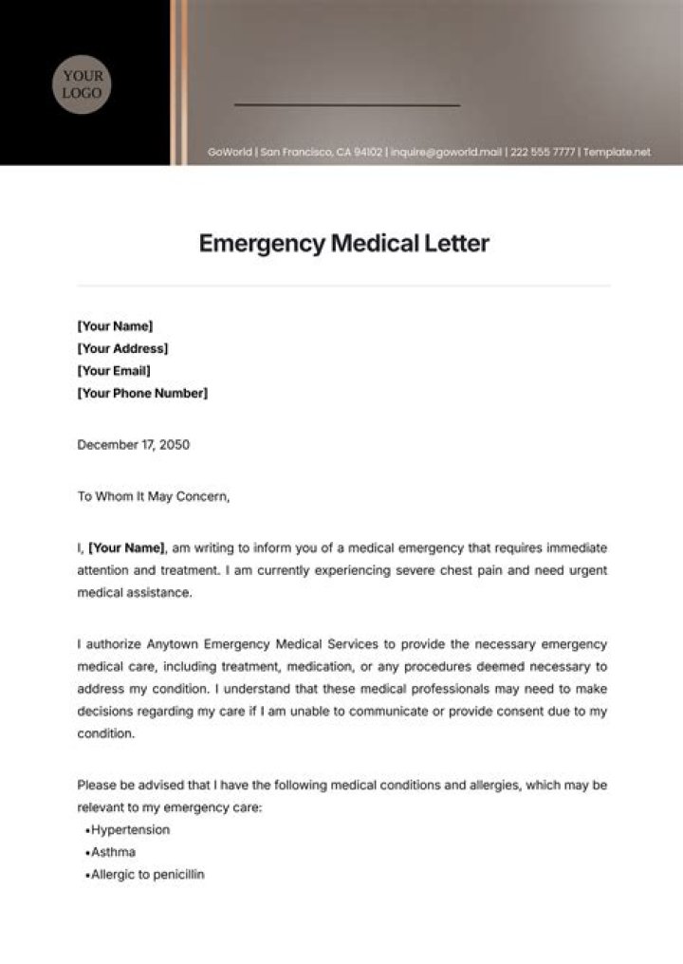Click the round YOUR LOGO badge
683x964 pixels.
(83, 83)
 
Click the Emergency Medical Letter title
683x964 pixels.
(343, 243)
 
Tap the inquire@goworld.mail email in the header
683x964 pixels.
(445, 153)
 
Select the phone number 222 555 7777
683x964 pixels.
(543, 153)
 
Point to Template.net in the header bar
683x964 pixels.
(618, 153)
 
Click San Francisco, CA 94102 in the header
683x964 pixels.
(322, 153)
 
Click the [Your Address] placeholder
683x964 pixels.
(122, 348)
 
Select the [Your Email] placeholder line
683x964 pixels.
(113, 371)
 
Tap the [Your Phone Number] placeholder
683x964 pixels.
(141, 393)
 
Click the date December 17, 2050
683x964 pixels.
(133, 444)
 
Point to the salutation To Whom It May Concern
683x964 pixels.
(153, 495)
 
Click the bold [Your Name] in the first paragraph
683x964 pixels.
(126, 547)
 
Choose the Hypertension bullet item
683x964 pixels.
(130, 829)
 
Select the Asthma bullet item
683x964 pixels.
(113, 852)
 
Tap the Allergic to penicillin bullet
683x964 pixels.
(147, 875)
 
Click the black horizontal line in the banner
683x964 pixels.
(346, 104)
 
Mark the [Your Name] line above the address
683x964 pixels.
(114, 325)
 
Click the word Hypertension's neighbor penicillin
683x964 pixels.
(176, 875)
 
